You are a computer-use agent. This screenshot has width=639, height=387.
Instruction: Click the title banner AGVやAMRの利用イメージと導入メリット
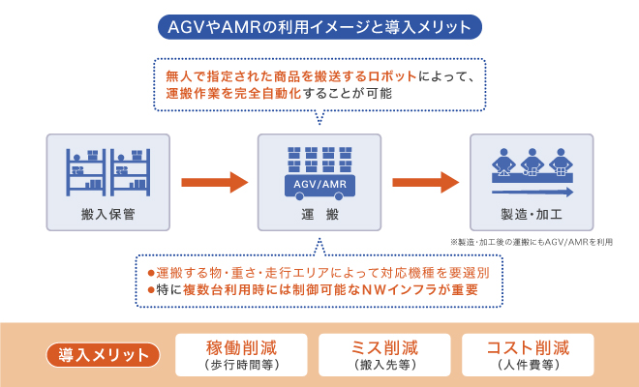click(319, 24)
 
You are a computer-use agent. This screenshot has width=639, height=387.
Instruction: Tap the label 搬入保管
click(108, 213)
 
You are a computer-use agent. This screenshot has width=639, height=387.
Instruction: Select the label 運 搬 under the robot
click(319, 213)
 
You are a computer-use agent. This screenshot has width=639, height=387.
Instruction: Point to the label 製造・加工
click(530, 213)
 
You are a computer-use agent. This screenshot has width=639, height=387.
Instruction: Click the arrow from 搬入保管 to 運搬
click(214, 182)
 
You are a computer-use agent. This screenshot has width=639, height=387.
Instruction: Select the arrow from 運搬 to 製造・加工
click(425, 182)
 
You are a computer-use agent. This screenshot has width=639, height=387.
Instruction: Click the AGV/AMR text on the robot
click(319, 182)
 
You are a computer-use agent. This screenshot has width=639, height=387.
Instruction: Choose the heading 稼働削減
click(240, 347)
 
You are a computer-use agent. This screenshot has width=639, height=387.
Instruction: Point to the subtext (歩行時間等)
click(240, 366)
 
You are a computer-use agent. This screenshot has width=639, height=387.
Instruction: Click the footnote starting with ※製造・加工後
click(531, 242)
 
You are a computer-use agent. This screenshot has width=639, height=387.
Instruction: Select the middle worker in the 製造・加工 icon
click(531, 159)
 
